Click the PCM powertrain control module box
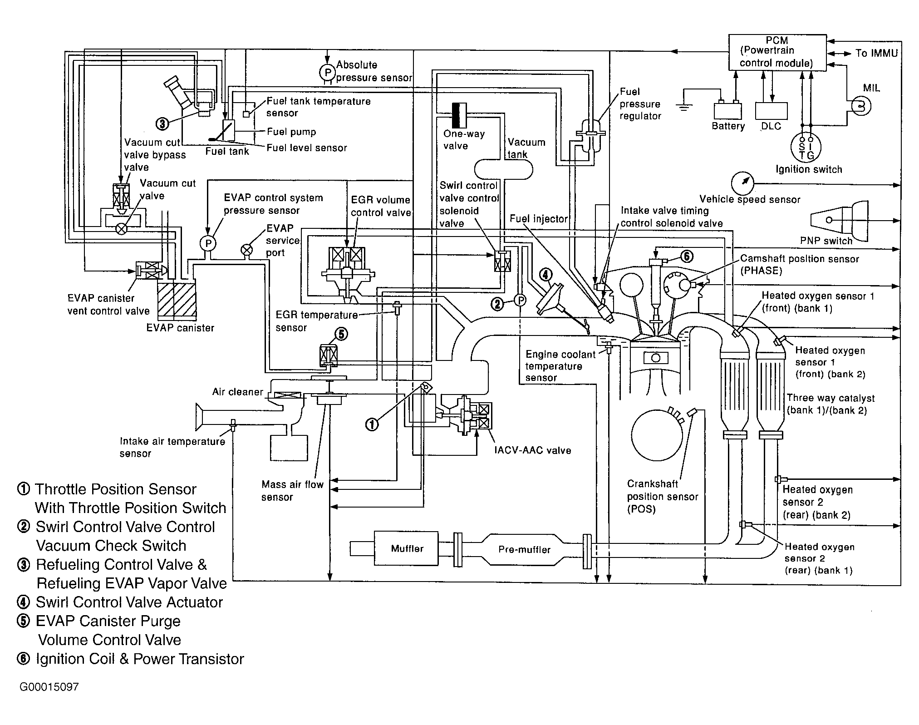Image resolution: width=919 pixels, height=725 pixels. coord(777,52)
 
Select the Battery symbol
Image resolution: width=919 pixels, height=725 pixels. coord(728,111)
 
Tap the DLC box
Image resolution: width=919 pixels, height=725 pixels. coord(771,111)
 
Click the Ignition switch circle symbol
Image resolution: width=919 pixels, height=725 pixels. coord(806,146)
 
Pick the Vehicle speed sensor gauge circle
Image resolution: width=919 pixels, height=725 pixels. coord(742,183)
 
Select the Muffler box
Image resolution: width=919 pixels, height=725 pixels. coord(407,548)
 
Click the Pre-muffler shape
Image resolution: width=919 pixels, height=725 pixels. coord(524,550)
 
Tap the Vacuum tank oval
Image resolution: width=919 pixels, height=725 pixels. coord(503,169)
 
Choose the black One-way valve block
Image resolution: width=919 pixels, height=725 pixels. coord(459,115)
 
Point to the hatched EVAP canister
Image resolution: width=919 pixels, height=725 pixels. coord(177,300)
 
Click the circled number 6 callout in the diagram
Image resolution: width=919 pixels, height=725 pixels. coord(686,256)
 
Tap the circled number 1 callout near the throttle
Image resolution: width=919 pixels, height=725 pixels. coord(372,424)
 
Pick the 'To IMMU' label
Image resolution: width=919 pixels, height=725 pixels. coord(876,54)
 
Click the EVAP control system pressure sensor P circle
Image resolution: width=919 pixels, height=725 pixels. coord(208,244)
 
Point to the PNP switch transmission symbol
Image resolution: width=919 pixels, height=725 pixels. coord(835,220)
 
